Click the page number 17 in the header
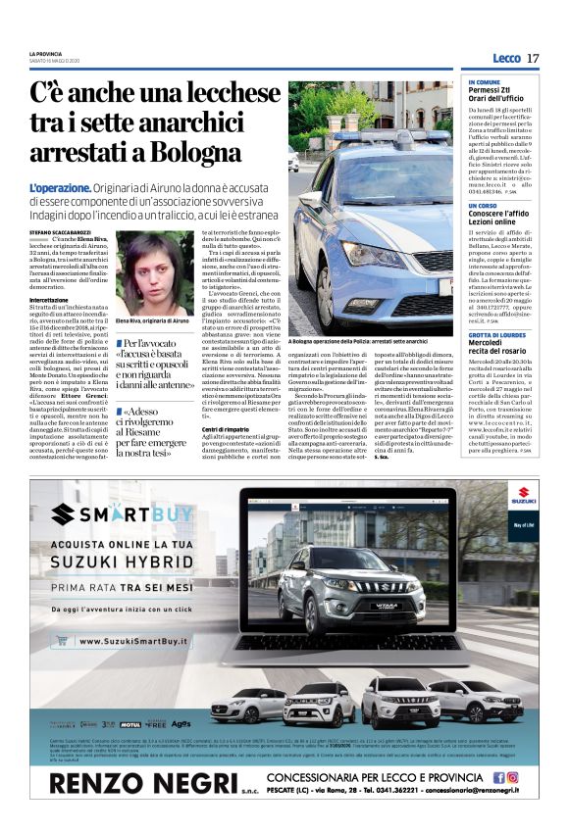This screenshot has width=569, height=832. click(x=533, y=59)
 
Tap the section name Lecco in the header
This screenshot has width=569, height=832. click(x=506, y=59)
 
